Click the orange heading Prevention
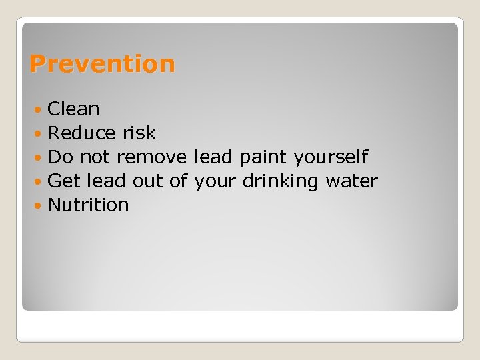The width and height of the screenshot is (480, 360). [102, 64]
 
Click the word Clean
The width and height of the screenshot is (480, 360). [73, 109]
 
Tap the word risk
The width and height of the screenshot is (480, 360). [139, 133]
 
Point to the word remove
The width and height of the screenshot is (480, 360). [152, 157]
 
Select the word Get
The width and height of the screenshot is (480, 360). [65, 181]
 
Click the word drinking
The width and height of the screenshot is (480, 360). [281, 181]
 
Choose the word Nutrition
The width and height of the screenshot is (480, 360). [89, 205]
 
